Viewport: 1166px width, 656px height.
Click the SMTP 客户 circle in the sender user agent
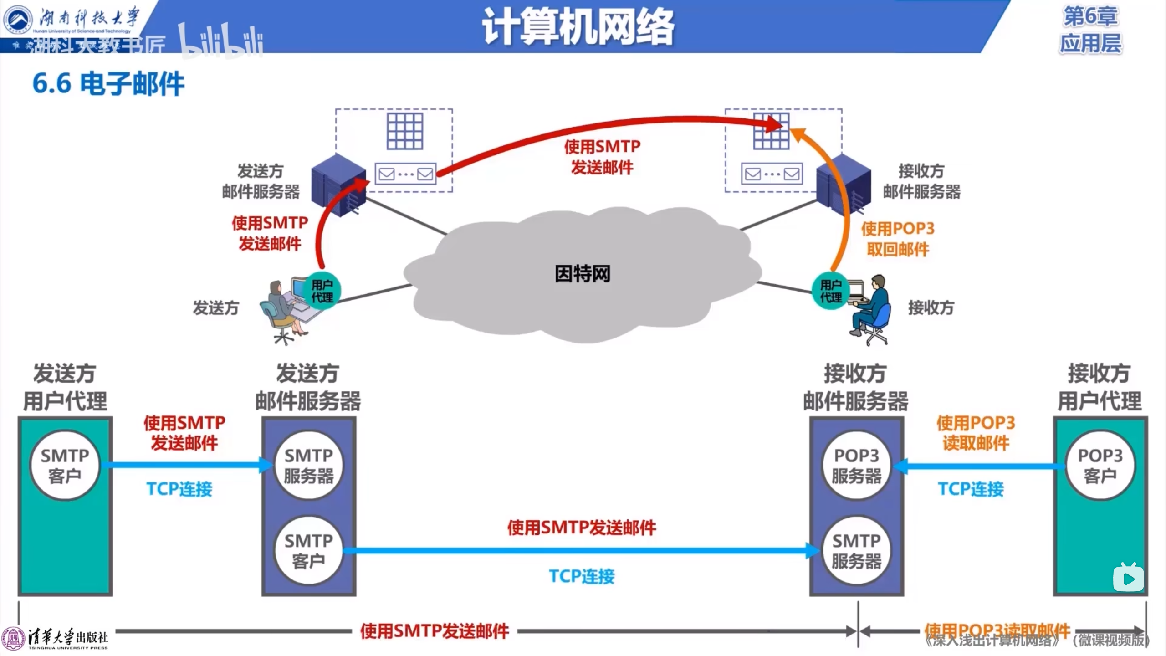click(x=65, y=465)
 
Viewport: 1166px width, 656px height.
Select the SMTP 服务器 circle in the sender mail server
click(x=309, y=465)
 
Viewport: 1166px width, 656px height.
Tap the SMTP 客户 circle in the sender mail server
click(x=309, y=550)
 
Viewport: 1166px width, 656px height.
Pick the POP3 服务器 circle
click(x=856, y=465)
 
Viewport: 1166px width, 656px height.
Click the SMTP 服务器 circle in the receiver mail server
click(x=856, y=550)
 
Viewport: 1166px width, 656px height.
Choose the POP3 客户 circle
click(x=1100, y=465)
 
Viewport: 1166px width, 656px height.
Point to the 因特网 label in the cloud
click(x=582, y=274)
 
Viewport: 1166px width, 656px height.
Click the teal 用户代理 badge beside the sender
click(x=322, y=291)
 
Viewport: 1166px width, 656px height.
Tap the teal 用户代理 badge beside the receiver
click(x=831, y=291)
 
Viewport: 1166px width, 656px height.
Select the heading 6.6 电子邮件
click(x=108, y=84)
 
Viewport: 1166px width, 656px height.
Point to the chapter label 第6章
click(x=1090, y=16)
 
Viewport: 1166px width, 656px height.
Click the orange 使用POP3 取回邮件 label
click(x=897, y=239)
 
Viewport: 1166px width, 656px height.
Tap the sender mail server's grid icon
click(x=404, y=131)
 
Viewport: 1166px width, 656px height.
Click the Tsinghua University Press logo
click(x=55, y=638)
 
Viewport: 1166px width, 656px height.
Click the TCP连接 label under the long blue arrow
click(x=582, y=576)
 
